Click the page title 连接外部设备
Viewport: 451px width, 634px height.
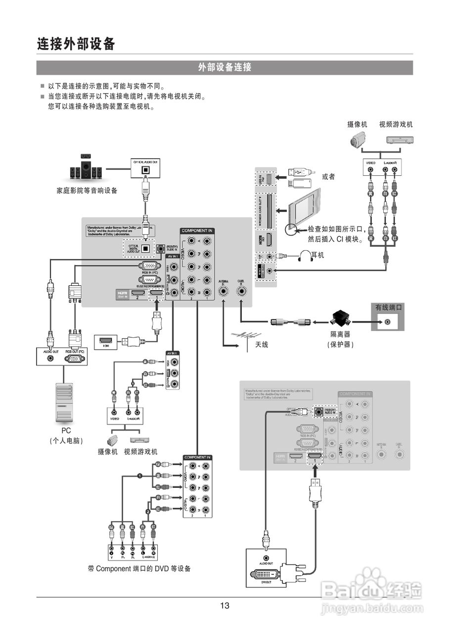point(76,44)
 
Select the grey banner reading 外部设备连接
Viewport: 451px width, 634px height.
point(225,68)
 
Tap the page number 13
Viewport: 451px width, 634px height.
point(225,605)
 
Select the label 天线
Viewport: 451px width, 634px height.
point(262,344)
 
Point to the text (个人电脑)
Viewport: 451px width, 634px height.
point(66,440)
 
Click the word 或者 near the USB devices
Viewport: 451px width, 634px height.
point(328,176)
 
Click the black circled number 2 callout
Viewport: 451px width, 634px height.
point(147,511)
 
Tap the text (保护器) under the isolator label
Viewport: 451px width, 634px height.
point(341,344)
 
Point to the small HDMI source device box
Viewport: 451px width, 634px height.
point(105,341)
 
